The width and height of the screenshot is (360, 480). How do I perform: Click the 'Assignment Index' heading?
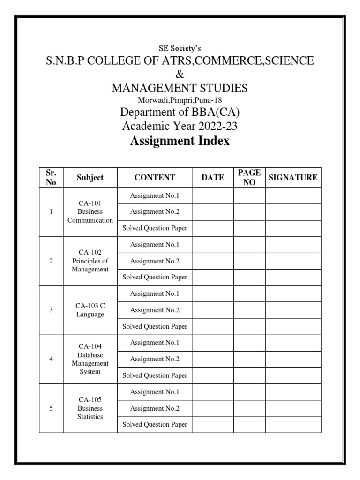coord(180,141)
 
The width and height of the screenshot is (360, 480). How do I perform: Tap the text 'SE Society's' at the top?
coord(180,48)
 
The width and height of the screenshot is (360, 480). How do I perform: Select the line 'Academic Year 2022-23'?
coord(180,127)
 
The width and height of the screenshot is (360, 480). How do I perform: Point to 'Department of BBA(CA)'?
coord(180,113)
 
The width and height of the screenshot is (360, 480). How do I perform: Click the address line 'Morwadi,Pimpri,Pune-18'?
coord(180,100)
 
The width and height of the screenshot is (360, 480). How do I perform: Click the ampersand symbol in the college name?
coord(180,74)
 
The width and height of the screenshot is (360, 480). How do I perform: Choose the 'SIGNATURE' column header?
coord(293,178)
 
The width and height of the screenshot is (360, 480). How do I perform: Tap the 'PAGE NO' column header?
coord(249,178)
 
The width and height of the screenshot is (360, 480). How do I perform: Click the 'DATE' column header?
coord(213,178)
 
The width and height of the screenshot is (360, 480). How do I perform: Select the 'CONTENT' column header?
coord(155,178)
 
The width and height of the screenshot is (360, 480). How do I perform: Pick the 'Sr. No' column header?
coord(51,178)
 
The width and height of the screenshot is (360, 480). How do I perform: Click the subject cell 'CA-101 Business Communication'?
coord(90,212)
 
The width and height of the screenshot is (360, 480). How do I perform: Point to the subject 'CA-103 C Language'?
coord(90,310)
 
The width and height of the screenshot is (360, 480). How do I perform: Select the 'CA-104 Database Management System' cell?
coord(90,359)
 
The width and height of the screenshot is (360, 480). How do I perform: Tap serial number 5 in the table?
coord(51,408)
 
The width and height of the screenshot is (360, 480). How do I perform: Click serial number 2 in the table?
coord(51,261)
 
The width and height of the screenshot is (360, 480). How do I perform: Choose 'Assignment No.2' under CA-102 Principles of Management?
coord(155,261)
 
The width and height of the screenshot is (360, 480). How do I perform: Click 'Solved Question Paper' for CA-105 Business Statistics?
coord(155,425)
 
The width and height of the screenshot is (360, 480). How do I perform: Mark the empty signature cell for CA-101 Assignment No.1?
coord(293,195)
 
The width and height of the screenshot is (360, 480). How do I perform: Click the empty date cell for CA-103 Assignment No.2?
coord(213,310)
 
